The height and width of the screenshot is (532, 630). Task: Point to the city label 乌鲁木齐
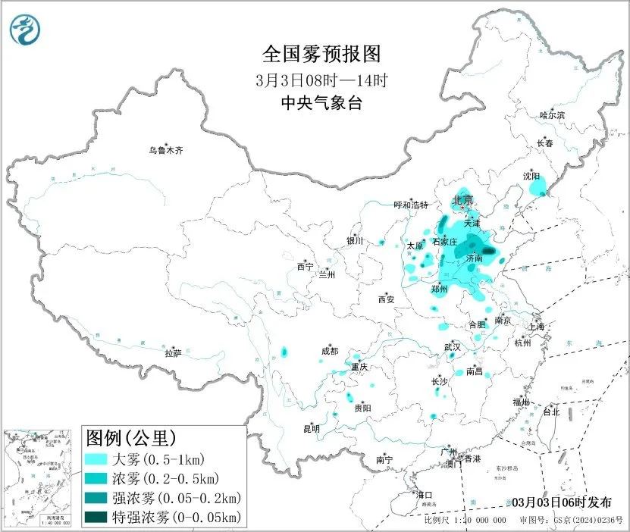pos(165,150)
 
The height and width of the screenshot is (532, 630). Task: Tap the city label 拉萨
pos(174,352)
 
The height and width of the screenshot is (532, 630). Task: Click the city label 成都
pos(330,351)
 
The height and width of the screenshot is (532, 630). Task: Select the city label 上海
pos(537,326)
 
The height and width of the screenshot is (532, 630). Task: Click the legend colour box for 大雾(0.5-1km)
pos(96,459)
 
